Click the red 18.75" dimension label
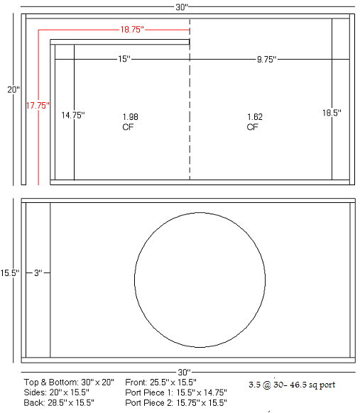[x=132, y=29]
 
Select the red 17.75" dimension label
[x=38, y=106]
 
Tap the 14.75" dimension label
[x=73, y=115]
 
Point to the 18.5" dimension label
[x=332, y=113]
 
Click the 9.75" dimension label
[x=267, y=60]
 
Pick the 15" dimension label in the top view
[x=124, y=59]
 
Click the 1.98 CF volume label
[x=130, y=121]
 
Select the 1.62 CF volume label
[x=255, y=121]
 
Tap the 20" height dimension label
[x=13, y=90]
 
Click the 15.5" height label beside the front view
[x=10, y=273]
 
